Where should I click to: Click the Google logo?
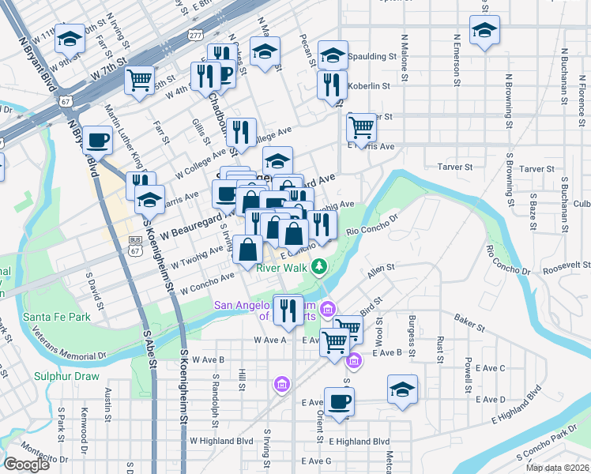click(x=26, y=465)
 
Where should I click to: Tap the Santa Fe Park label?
click(x=56, y=317)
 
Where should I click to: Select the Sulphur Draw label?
click(x=66, y=375)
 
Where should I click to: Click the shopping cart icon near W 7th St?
click(x=140, y=79)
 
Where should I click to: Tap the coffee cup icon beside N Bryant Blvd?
click(x=98, y=141)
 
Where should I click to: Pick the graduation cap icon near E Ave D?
click(x=403, y=390)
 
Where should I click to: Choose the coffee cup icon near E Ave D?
click(x=339, y=401)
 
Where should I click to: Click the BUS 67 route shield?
click(x=135, y=245)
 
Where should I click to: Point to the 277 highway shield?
click(x=195, y=36)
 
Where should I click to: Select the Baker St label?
click(x=468, y=318)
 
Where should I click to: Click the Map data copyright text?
click(x=558, y=468)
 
